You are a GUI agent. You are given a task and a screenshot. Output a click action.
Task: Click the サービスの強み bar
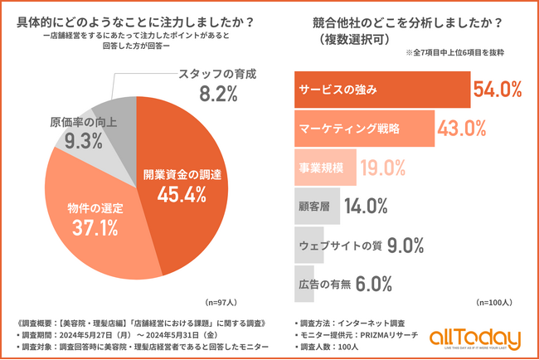[x=381, y=90]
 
